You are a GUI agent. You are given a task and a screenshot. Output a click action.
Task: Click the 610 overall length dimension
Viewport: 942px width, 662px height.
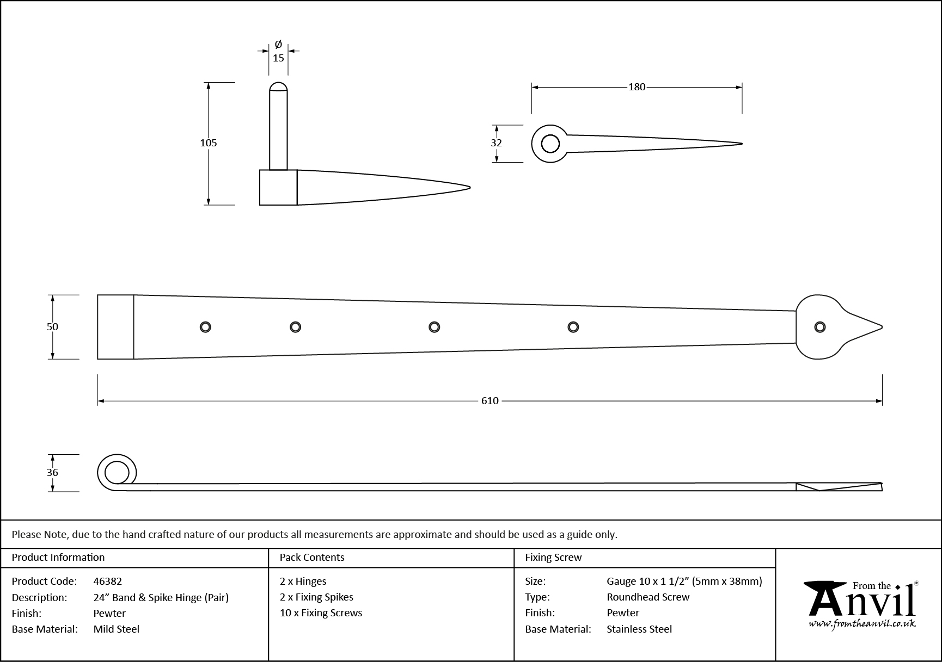[490, 401]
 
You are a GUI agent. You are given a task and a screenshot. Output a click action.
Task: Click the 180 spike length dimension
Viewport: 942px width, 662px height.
[637, 87]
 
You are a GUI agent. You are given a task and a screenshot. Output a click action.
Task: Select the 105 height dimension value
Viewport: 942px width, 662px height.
[209, 143]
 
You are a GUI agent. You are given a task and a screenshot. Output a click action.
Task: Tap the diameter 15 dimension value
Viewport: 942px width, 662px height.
[278, 58]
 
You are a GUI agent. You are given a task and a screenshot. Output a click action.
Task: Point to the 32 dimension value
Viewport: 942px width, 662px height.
[496, 143]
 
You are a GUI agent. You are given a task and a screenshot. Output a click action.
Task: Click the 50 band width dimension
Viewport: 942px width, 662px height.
[52, 326]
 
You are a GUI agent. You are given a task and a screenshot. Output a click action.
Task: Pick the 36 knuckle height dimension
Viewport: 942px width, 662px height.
[52, 473]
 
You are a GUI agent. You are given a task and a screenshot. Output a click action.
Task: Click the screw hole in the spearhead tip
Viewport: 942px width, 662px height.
[819, 327]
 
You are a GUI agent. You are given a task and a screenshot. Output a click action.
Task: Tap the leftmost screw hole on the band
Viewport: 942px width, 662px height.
[205, 327]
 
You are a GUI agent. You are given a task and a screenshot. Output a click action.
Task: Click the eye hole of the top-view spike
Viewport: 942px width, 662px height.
[550, 144]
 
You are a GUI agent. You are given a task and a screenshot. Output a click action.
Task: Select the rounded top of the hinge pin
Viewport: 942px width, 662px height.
[278, 86]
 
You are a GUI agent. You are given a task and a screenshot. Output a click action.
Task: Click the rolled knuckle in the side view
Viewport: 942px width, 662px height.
[117, 472]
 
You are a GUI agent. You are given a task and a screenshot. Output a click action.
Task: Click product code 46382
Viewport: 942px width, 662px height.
[108, 581]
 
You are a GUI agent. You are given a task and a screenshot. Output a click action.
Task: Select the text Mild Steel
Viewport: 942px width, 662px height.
[117, 629]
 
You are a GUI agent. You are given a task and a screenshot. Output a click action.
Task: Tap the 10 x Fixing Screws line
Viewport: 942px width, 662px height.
[321, 613]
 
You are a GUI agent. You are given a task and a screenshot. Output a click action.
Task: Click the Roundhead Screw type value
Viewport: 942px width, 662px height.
[648, 597]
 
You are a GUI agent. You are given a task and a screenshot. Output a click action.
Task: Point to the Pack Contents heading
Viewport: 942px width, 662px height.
[312, 558]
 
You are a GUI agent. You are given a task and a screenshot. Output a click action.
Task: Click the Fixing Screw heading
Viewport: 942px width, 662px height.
[553, 558]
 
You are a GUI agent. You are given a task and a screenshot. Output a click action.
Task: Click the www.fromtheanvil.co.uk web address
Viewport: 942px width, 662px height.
[862, 624]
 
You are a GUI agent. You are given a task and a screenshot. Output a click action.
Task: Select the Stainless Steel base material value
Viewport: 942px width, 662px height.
[639, 629]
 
